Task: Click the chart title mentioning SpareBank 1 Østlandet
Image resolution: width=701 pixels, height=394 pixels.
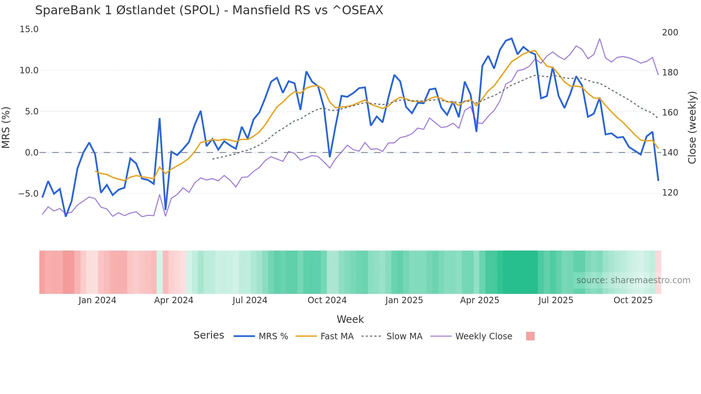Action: pos(209,10)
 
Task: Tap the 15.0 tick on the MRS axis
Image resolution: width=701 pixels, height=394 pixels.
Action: pos(29,29)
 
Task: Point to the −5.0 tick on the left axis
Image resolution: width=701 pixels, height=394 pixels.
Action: pos(28,194)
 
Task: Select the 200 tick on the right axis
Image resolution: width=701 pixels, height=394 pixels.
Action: pos(670,33)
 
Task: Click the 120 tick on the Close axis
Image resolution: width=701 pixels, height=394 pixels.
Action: pos(670,193)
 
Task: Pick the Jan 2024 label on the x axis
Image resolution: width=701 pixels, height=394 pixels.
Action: pos(97,300)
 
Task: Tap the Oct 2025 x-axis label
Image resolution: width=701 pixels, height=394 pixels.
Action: pos(633,300)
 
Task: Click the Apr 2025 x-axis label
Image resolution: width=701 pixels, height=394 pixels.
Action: pos(479,300)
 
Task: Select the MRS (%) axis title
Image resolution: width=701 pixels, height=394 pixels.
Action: pos(6,127)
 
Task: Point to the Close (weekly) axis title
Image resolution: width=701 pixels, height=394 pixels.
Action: pos(692,127)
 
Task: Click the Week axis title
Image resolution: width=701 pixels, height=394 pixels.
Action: pos(350,319)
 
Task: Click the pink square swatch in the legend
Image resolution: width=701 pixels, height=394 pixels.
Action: pos(530,336)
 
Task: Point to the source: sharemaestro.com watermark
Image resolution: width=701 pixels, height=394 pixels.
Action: pos(633,280)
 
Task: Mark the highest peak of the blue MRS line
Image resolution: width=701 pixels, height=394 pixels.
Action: pos(511,38)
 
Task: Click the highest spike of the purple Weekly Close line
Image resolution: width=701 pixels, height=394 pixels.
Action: pos(600,39)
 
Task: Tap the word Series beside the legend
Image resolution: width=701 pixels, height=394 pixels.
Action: pos(209,335)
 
